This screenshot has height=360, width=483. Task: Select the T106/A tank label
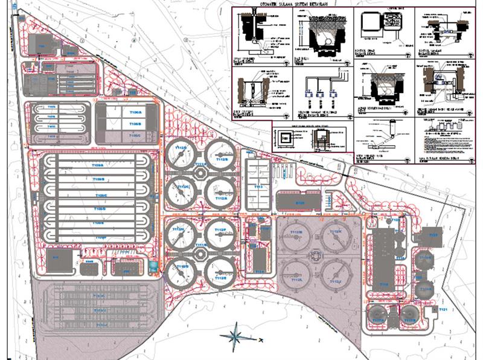pos(135,113)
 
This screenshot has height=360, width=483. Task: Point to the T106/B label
pos(135,123)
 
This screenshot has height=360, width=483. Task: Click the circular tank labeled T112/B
pos(222,157)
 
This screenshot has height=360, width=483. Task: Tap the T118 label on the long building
pos(383,284)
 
